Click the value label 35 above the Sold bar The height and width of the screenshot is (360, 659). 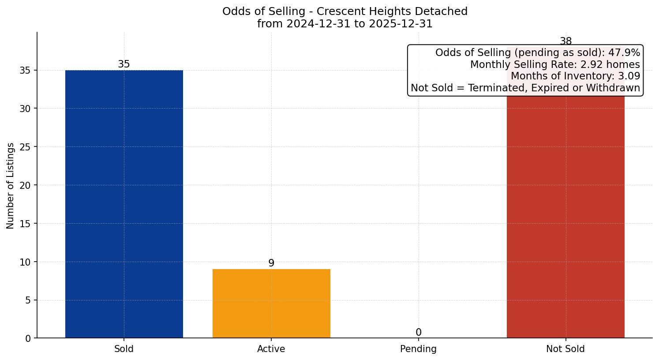(124, 64)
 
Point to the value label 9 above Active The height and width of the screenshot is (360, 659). (271, 263)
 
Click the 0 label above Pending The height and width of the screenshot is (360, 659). (418, 333)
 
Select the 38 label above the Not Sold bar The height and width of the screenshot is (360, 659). (565, 41)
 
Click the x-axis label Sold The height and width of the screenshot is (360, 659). (124, 349)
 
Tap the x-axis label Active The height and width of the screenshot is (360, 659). (271, 349)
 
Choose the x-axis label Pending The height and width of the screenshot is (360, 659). (418, 349)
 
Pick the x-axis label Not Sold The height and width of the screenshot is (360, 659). (565, 349)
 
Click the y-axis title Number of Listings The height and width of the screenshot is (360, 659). (11, 185)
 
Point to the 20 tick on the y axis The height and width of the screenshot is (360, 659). (25, 185)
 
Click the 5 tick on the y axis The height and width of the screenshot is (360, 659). (28, 300)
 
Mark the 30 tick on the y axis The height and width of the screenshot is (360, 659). (25, 109)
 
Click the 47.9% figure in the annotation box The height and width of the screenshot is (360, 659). (624, 53)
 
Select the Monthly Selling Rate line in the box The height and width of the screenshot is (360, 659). (555, 65)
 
